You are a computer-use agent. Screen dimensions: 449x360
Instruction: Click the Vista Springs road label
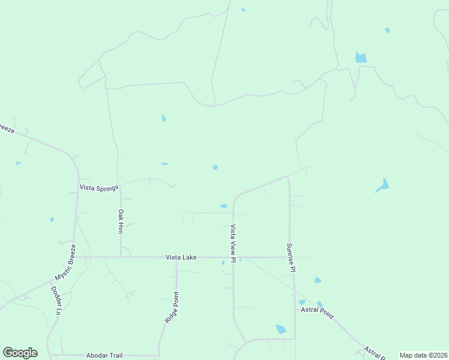(99, 188)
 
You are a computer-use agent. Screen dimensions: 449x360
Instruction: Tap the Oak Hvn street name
(121, 221)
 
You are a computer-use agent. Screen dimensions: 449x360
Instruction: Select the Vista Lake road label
(182, 257)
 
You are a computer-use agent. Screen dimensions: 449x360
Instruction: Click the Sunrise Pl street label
(291, 257)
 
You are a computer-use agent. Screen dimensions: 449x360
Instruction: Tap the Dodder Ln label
(55, 300)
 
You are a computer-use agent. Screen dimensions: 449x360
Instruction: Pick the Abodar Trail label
(104, 355)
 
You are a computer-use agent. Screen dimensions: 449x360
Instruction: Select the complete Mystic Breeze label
(65, 262)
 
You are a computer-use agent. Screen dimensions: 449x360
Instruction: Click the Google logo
(20, 353)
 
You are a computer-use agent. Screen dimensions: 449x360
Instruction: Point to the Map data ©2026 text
(424, 355)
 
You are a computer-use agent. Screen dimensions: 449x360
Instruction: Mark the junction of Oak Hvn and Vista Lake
(121, 257)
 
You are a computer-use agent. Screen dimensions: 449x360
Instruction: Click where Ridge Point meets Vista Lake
(176, 257)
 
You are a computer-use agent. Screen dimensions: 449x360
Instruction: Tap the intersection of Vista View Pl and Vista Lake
(234, 257)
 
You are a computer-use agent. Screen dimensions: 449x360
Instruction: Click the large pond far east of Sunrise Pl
(382, 185)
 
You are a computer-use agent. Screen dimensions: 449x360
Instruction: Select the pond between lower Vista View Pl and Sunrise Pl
(281, 329)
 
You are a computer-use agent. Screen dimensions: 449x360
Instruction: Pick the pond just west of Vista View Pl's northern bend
(223, 206)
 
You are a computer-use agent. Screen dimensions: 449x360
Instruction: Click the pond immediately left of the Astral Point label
(302, 302)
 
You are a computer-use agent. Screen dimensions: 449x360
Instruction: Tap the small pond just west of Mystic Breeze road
(52, 220)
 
